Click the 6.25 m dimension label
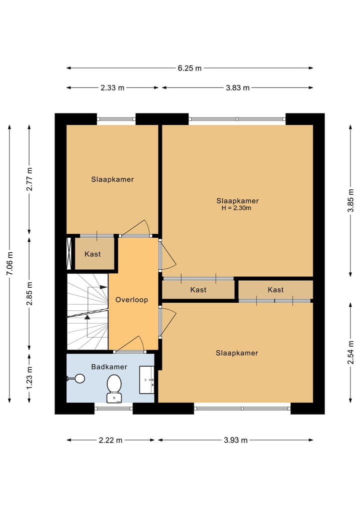(189, 68)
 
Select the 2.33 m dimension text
(112, 87)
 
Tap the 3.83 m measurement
(237, 87)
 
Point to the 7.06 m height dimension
(9, 263)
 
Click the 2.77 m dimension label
(29, 179)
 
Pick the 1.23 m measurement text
(29, 378)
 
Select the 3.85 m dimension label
(350, 200)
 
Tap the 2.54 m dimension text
(350, 353)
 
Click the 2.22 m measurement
(110, 440)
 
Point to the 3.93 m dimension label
(236, 440)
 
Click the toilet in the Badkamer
(114, 389)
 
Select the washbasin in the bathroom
(146, 380)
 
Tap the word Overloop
(131, 300)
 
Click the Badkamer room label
(109, 367)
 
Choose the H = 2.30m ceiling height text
(236, 208)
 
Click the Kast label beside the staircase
(93, 254)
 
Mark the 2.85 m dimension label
(29, 294)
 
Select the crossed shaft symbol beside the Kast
(69, 253)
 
